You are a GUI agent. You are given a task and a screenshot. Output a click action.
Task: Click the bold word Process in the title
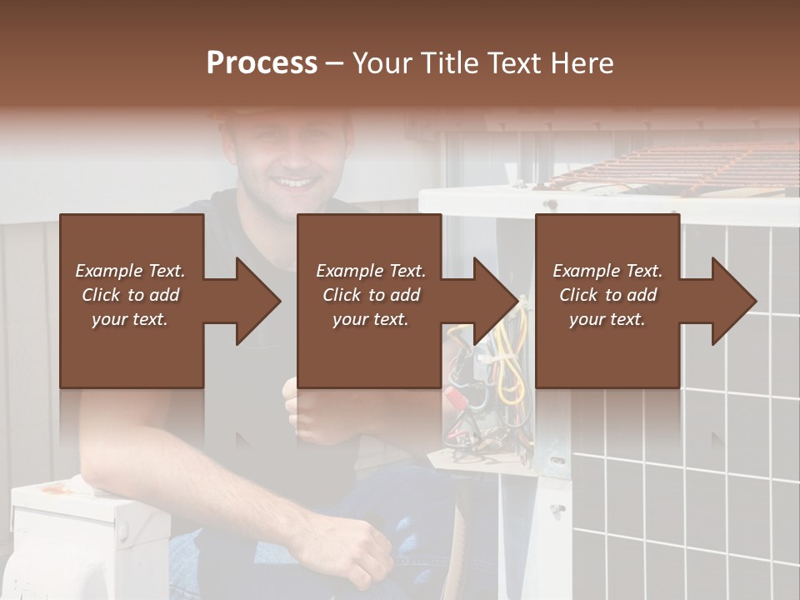pyautogui.click(x=262, y=63)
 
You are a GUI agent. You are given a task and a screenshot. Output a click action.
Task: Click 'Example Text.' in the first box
pyautogui.click(x=130, y=271)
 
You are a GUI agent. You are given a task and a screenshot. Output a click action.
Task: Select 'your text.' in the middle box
pyautogui.click(x=370, y=319)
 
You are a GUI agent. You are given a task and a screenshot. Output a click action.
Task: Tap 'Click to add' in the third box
pyautogui.click(x=607, y=295)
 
